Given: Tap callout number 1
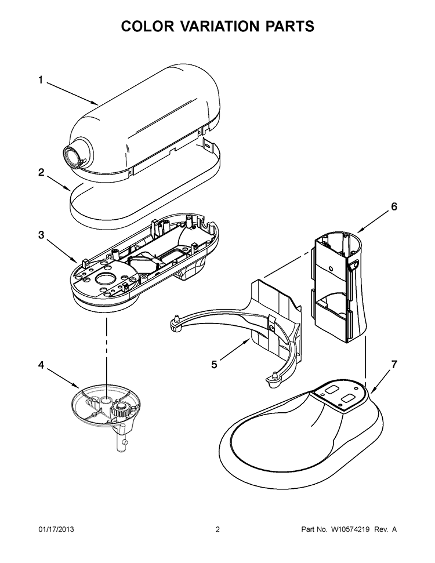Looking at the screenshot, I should (x=41, y=81).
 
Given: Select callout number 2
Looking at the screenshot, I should (x=41, y=172).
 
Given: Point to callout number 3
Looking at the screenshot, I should (x=41, y=235).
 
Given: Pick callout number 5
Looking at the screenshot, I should (x=214, y=365).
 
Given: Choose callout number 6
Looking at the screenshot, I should (x=394, y=206).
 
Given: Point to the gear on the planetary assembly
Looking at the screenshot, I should (x=122, y=412).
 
